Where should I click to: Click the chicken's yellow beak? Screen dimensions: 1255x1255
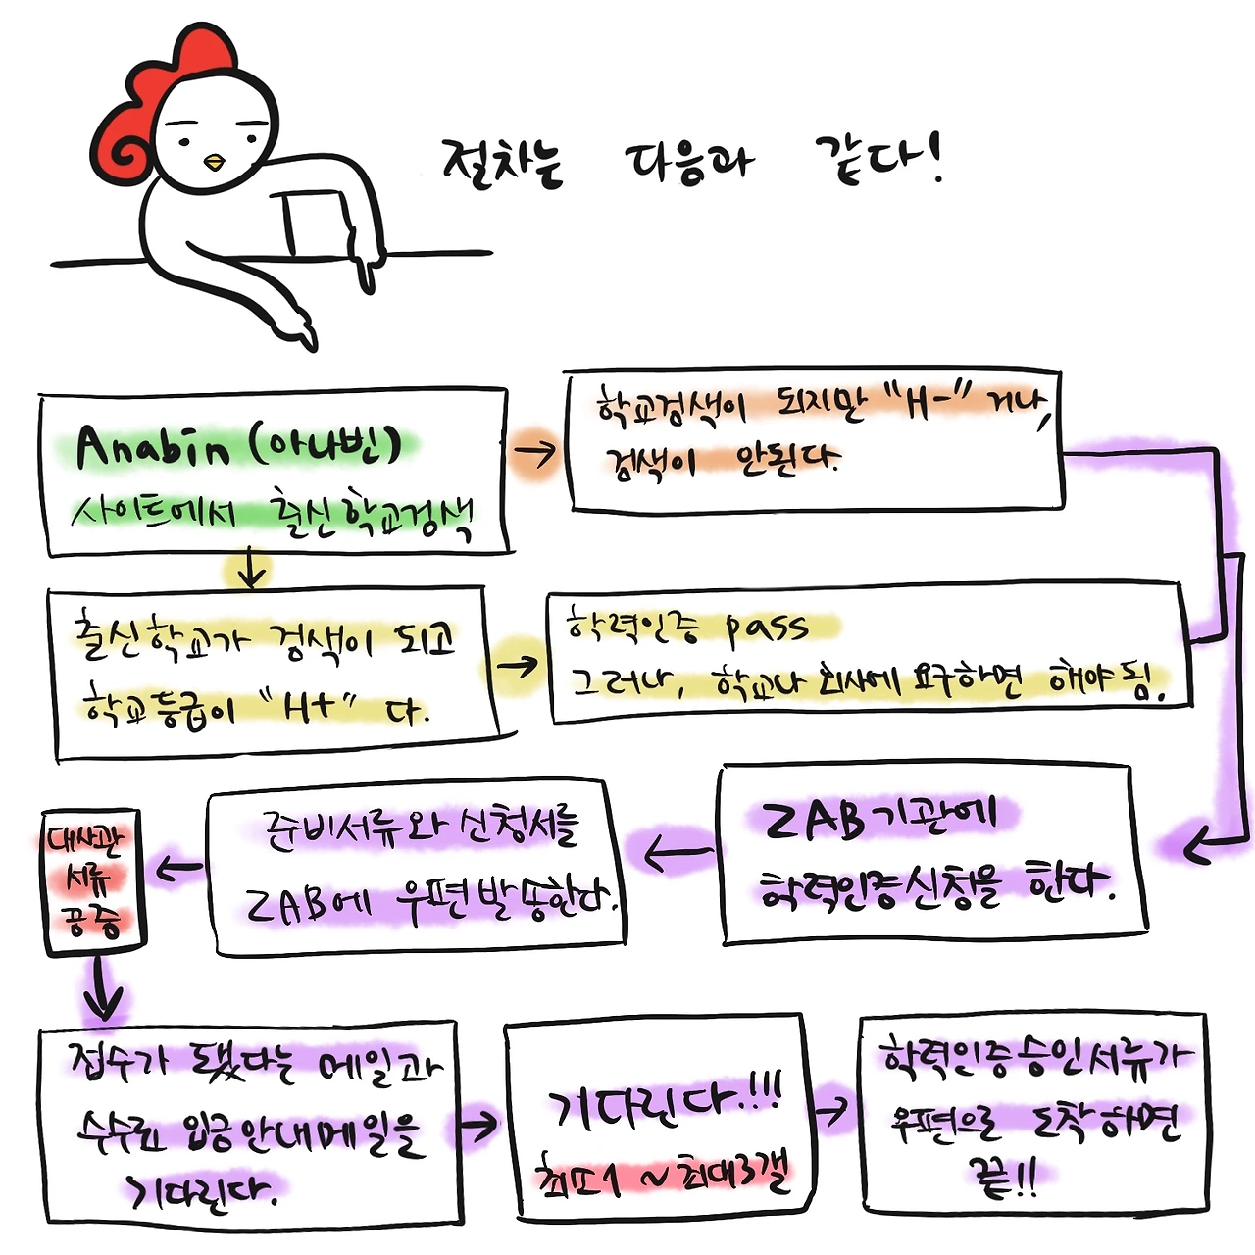[214, 162]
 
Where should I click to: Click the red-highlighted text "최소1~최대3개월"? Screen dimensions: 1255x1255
[662, 1178]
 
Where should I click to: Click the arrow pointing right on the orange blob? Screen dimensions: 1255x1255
[534, 452]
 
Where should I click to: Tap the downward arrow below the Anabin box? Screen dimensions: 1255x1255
[252, 570]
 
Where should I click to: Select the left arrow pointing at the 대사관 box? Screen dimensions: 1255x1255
[178, 868]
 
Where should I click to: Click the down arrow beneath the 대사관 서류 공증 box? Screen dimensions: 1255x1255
[101, 990]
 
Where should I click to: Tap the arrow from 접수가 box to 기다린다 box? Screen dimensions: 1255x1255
[478, 1126]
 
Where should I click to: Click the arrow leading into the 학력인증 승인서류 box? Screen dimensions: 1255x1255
[831, 1110]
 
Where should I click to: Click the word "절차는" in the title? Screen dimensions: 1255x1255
[502, 162]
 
